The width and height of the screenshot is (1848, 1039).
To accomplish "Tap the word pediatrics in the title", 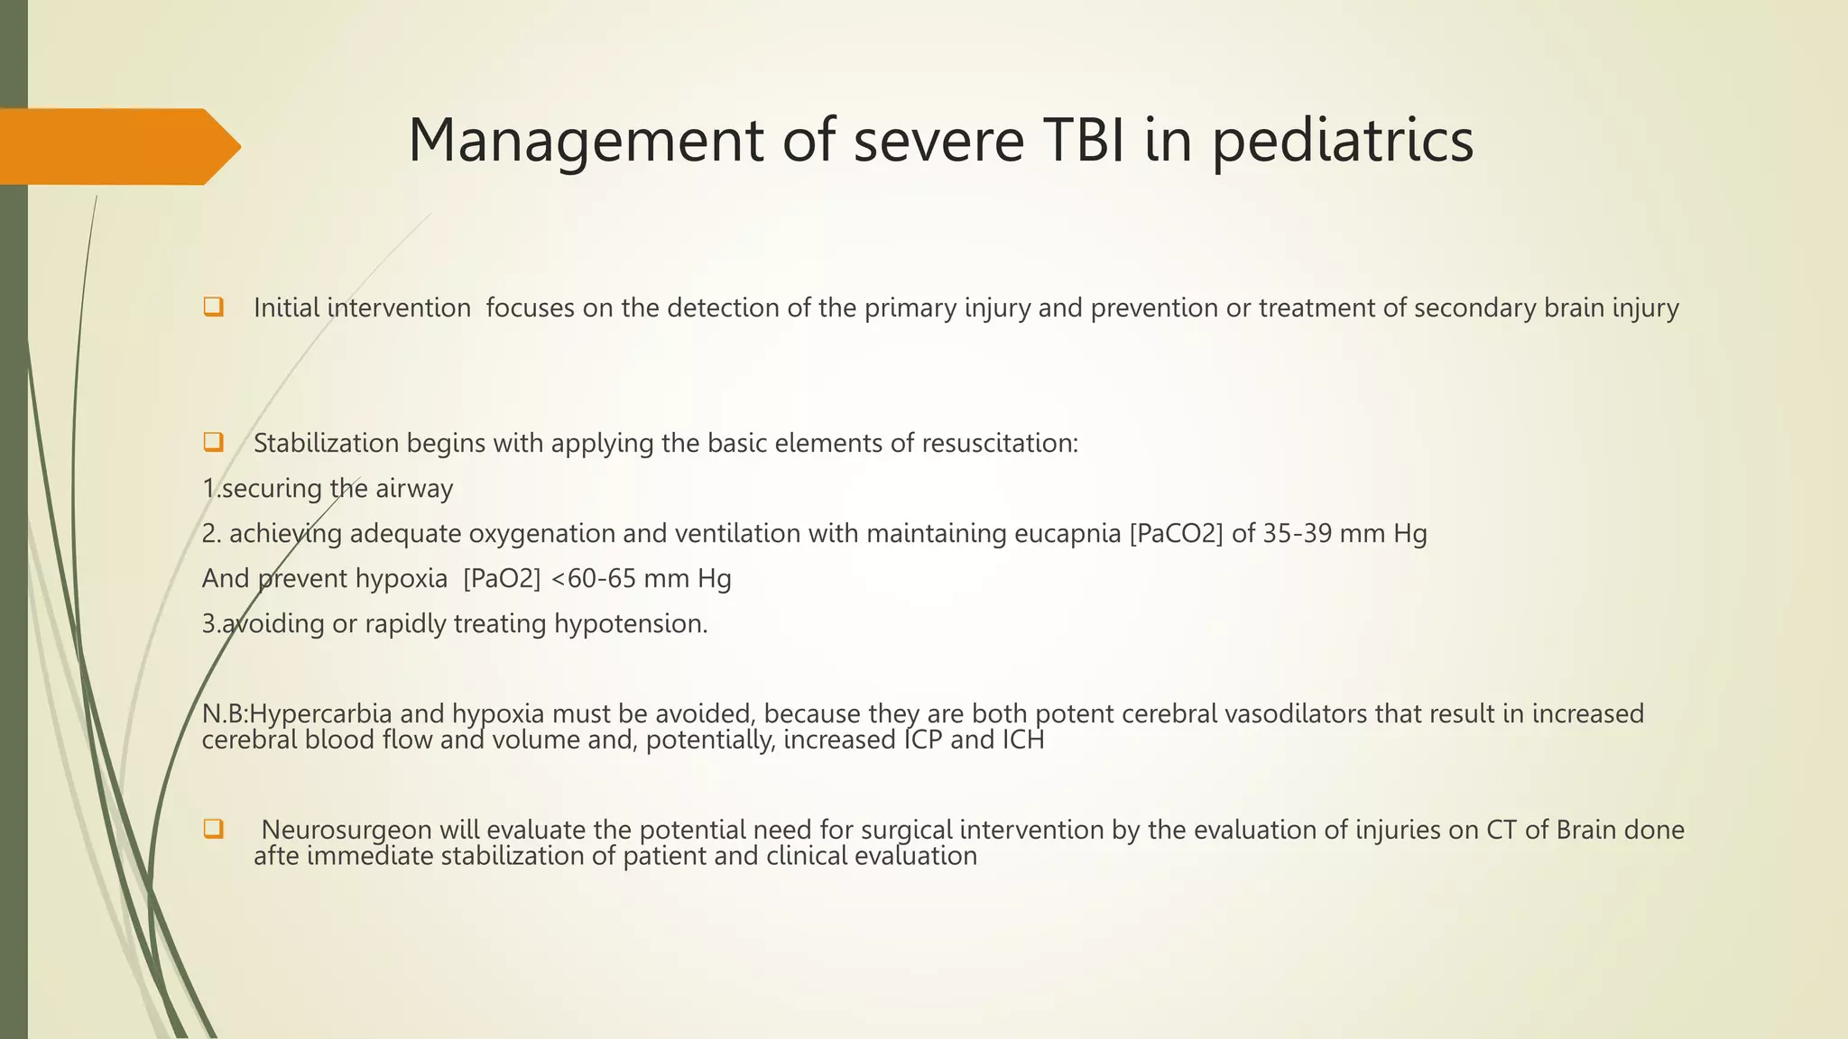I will pyautogui.click(x=1343, y=143).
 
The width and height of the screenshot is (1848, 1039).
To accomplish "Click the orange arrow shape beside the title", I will pyautogui.click(x=117, y=146).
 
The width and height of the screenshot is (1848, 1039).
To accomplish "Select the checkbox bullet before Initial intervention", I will pyautogui.click(x=213, y=307).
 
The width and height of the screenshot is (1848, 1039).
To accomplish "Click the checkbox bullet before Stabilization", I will pyautogui.click(x=213, y=442).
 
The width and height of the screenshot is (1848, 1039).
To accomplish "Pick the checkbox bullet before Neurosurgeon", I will pyautogui.click(x=213, y=828).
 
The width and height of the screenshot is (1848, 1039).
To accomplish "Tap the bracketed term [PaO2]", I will pyautogui.click(x=502, y=579).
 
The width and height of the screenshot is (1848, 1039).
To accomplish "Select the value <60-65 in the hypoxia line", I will pyautogui.click(x=593, y=578).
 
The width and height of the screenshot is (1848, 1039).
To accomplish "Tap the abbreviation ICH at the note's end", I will pyautogui.click(x=1023, y=740).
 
